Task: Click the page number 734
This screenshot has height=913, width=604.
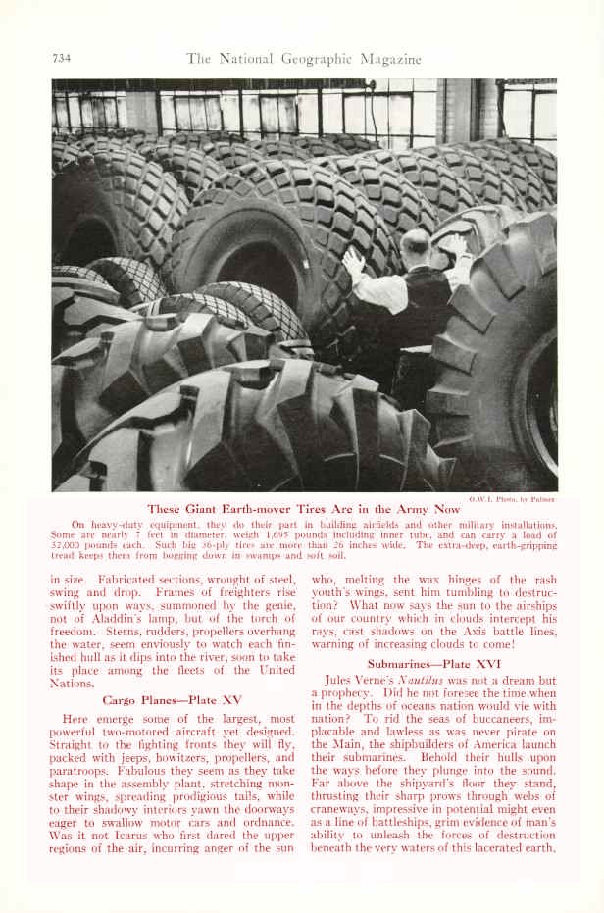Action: click(x=64, y=58)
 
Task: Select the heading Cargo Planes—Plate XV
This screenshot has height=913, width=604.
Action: click(x=172, y=699)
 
